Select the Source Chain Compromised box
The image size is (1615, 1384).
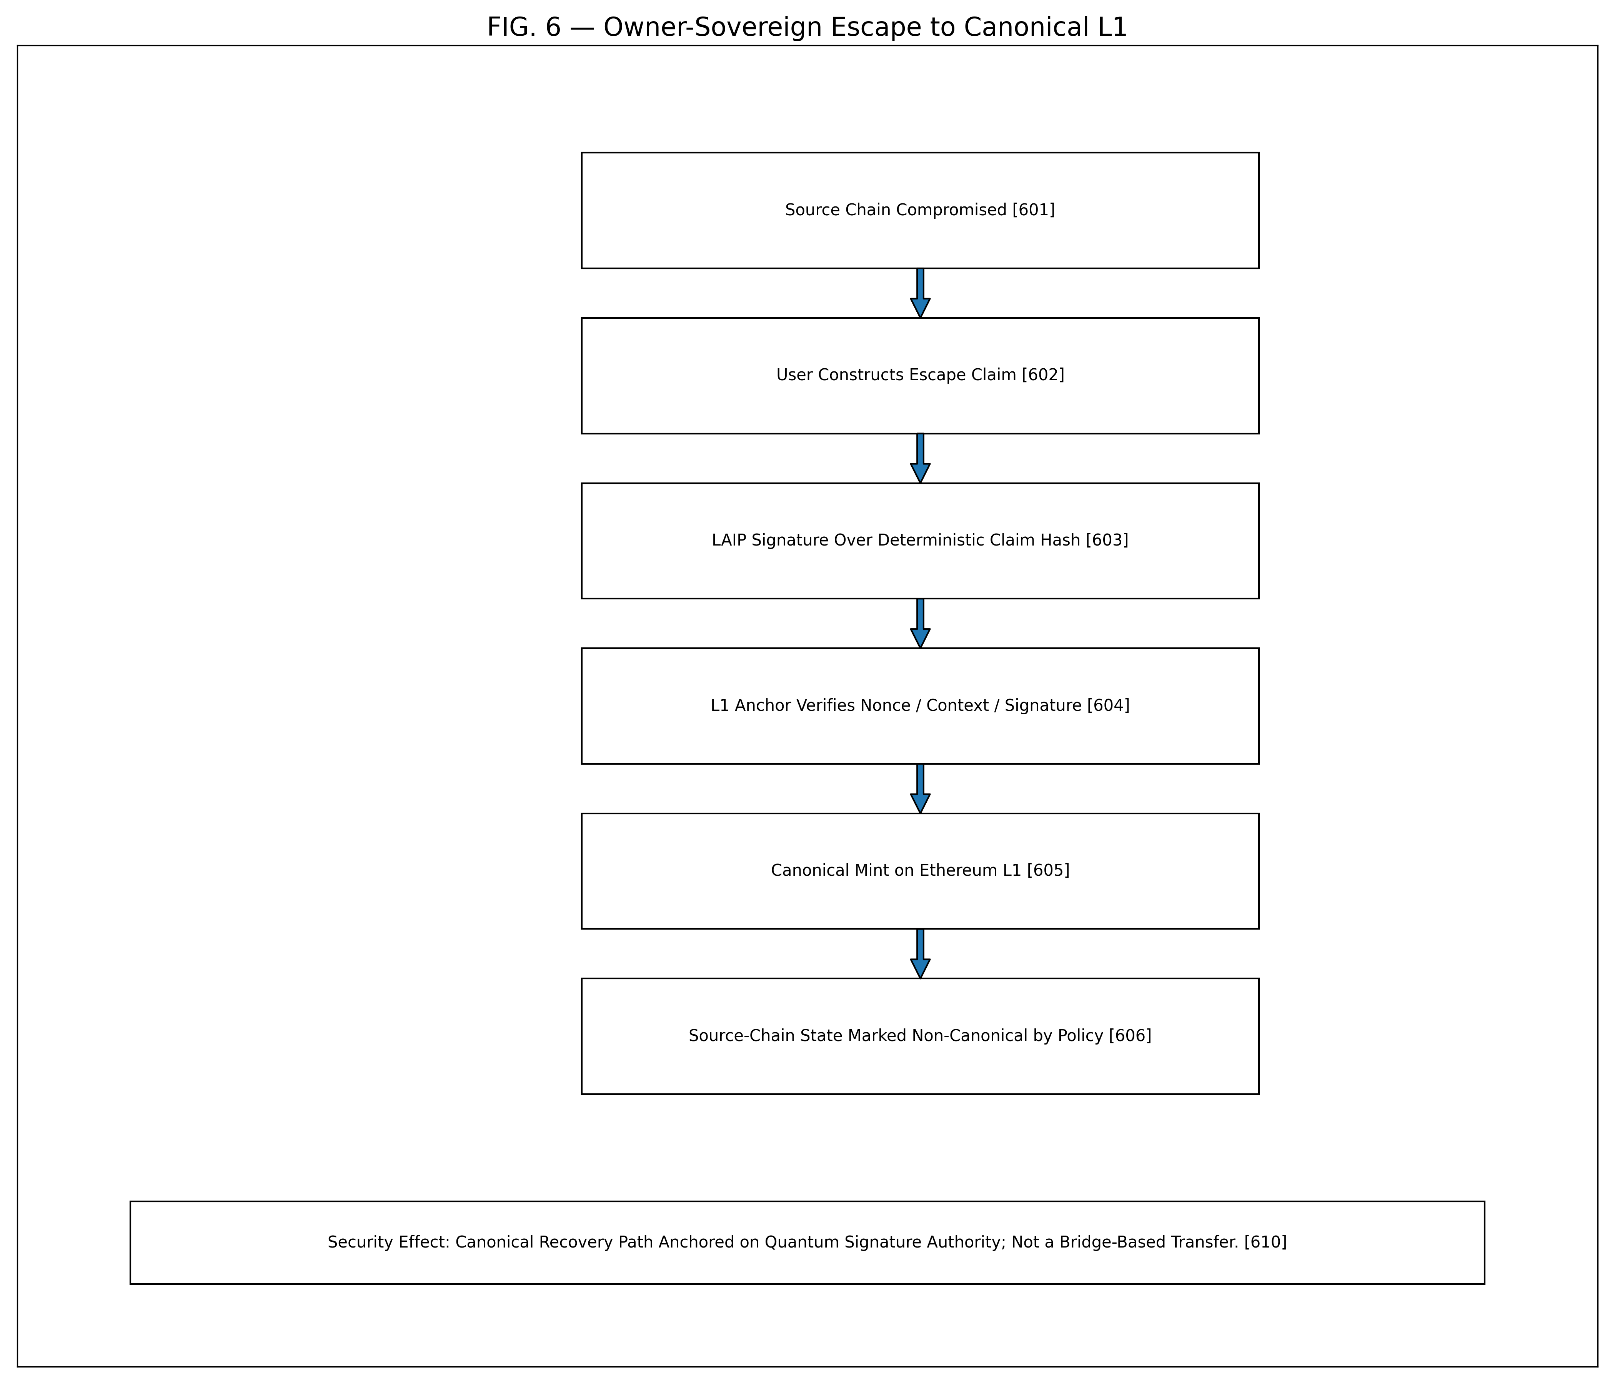(x=920, y=210)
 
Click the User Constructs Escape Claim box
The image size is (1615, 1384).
(x=920, y=376)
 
